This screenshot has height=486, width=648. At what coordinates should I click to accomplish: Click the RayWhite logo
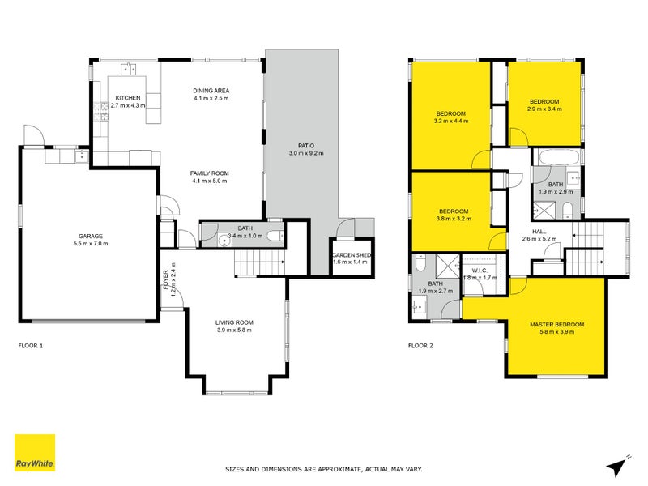click(x=35, y=454)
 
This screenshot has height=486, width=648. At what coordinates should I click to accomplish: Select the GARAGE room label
click(x=90, y=236)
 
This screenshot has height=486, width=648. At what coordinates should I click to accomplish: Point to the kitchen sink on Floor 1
click(x=126, y=67)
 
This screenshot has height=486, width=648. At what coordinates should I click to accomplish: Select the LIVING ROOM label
click(x=236, y=322)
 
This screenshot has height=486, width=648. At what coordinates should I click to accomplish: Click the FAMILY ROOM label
click(x=210, y=173)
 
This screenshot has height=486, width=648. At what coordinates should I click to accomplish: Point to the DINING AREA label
click(x=211, y=90)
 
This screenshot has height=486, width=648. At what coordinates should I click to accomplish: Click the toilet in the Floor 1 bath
click(x=274, y=237)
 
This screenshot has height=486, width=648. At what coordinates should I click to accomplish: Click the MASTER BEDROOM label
click(x=556, y=325)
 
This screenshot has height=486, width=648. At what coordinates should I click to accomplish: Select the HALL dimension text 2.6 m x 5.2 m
click(x=539, y=239)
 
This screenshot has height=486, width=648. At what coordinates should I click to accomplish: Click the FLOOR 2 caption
click(x=422, y=345)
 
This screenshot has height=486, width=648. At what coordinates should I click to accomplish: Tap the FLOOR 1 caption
click(x=31, y=345)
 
